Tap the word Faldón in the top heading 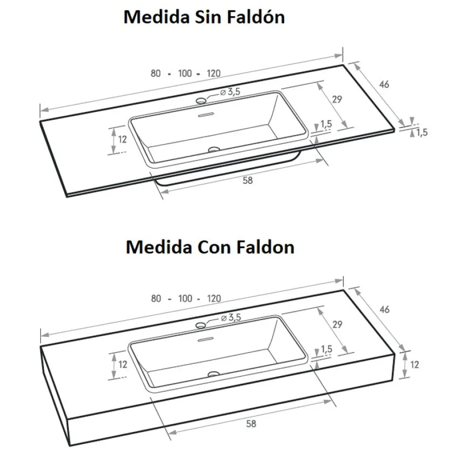(256, 17)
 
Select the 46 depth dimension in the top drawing (384, 84)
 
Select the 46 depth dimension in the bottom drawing (384, 310)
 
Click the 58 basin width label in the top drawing (248, 180)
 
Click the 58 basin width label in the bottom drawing (251, 423)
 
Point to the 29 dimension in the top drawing (337, 100)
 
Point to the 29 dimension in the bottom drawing (337, 324)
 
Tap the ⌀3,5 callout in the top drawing (230, 92)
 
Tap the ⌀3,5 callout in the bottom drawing (231, 317)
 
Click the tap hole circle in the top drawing (201, 101)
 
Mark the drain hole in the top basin (214, 150)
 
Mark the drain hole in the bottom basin (213, 374)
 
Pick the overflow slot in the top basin (206, 115)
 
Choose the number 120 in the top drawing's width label (213, 74)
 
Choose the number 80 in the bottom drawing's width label (156, 299)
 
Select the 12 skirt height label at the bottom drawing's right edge (414, 365)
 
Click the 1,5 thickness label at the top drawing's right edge (422, 133)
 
